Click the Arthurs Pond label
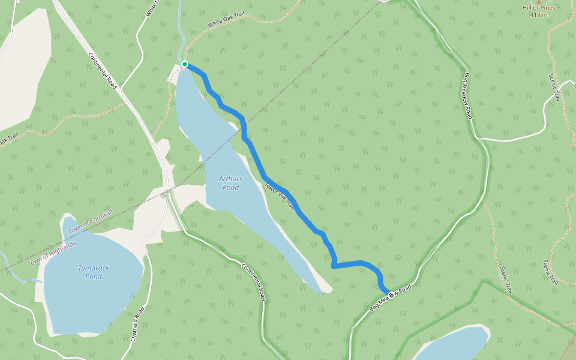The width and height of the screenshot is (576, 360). [230, 183]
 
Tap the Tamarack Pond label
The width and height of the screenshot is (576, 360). [93, 272]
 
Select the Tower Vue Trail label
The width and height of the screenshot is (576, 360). [280, 196]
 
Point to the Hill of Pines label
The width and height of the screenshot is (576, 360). [538, 8]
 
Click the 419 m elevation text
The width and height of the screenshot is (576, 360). [538, 15]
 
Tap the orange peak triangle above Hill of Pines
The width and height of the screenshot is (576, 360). [538, 1]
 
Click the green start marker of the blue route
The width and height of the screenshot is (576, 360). [185, 64]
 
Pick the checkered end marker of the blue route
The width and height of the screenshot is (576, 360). [392, 295]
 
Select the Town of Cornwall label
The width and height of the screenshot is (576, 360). [90, 221]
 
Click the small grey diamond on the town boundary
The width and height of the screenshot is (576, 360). [163, 195]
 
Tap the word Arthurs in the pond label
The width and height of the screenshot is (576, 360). [230, 179]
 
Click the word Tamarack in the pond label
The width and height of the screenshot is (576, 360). [94, 268]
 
